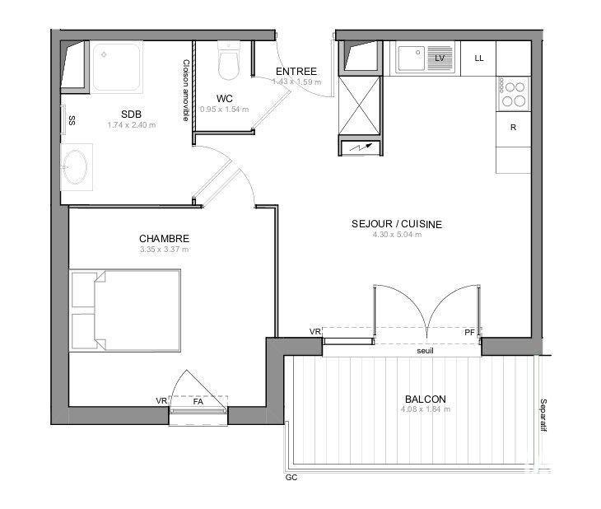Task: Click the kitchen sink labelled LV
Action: (x=421, y=58)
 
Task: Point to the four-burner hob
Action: (x=515, y=93)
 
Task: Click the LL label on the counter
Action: (x=479, y=58)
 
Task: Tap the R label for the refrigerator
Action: (x=513, y=128)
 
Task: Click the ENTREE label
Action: (x=296, y=71)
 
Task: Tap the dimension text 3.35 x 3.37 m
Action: (x=164, y=250)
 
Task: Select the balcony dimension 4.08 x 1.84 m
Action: (x=426, y=409)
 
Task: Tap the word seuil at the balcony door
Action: (x=426, y=350)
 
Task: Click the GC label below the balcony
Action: (x=291, y=478)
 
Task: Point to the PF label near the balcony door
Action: (x=469, y=332)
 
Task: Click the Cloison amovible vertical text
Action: (x=186, y=91)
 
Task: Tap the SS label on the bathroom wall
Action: (x=72, y=120)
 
